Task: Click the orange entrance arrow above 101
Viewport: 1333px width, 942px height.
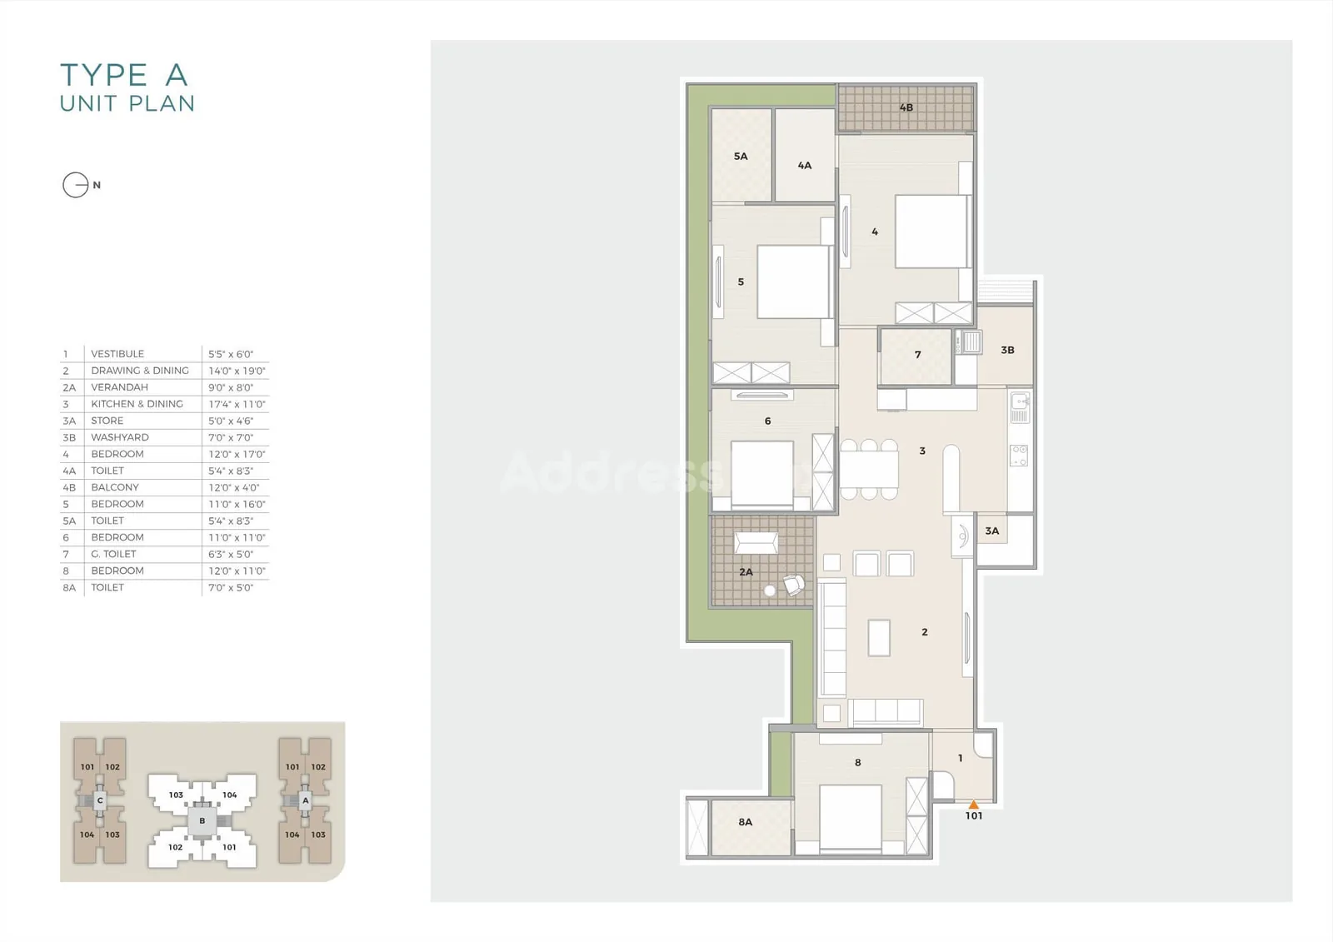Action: (x=974, y=805)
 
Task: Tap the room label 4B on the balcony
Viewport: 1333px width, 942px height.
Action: (x=906, y=107)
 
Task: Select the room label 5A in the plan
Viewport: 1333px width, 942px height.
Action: (x=741, y=156)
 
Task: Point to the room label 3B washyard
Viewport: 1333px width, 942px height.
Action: (x=1007, y=350)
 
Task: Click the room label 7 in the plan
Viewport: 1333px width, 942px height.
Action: (x=917, y=355)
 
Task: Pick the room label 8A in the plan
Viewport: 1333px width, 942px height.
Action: (x=745, y=822)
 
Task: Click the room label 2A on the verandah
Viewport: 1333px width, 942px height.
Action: (x=746, y=572)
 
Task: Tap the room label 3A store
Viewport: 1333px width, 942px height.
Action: (x=991, y=531)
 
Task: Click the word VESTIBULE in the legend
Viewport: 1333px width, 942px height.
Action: (x=117, y=353)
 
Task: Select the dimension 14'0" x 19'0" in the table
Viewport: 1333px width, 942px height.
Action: (x=237, y=370)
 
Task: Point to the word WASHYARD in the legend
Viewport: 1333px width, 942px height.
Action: (x=120, y=436)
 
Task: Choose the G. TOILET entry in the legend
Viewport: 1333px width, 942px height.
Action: (x=113, y=553)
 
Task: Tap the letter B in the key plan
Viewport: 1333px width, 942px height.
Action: (x=202, y=820)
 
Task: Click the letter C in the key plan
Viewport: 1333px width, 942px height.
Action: (x=100, y=800)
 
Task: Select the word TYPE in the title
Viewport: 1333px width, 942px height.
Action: (x=104, y=75)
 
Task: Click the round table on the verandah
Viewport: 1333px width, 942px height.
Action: (x=770, y=591)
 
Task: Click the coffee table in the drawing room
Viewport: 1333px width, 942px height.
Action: (x=879, y=638)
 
